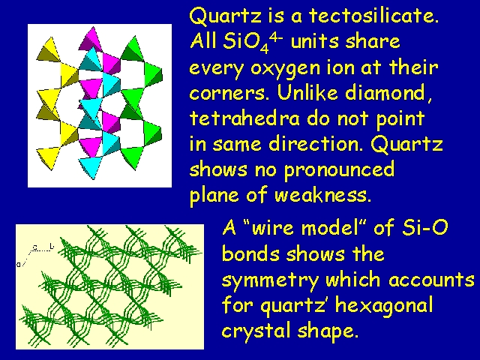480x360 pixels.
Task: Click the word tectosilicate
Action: pos(373,15)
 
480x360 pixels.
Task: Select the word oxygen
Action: pos(285,68)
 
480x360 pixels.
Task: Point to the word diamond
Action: pos(388,92)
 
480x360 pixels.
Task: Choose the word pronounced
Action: pos(339,170)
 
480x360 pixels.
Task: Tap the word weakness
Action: pos(322,195)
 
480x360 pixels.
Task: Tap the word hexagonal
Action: pos(384,306)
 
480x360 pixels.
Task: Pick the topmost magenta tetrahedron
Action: pos(91,39)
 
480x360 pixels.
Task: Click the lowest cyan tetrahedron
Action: pos(91,166)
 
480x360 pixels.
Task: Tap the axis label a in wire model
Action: pos(19,264)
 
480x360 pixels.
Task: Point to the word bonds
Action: pos(250,253)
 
